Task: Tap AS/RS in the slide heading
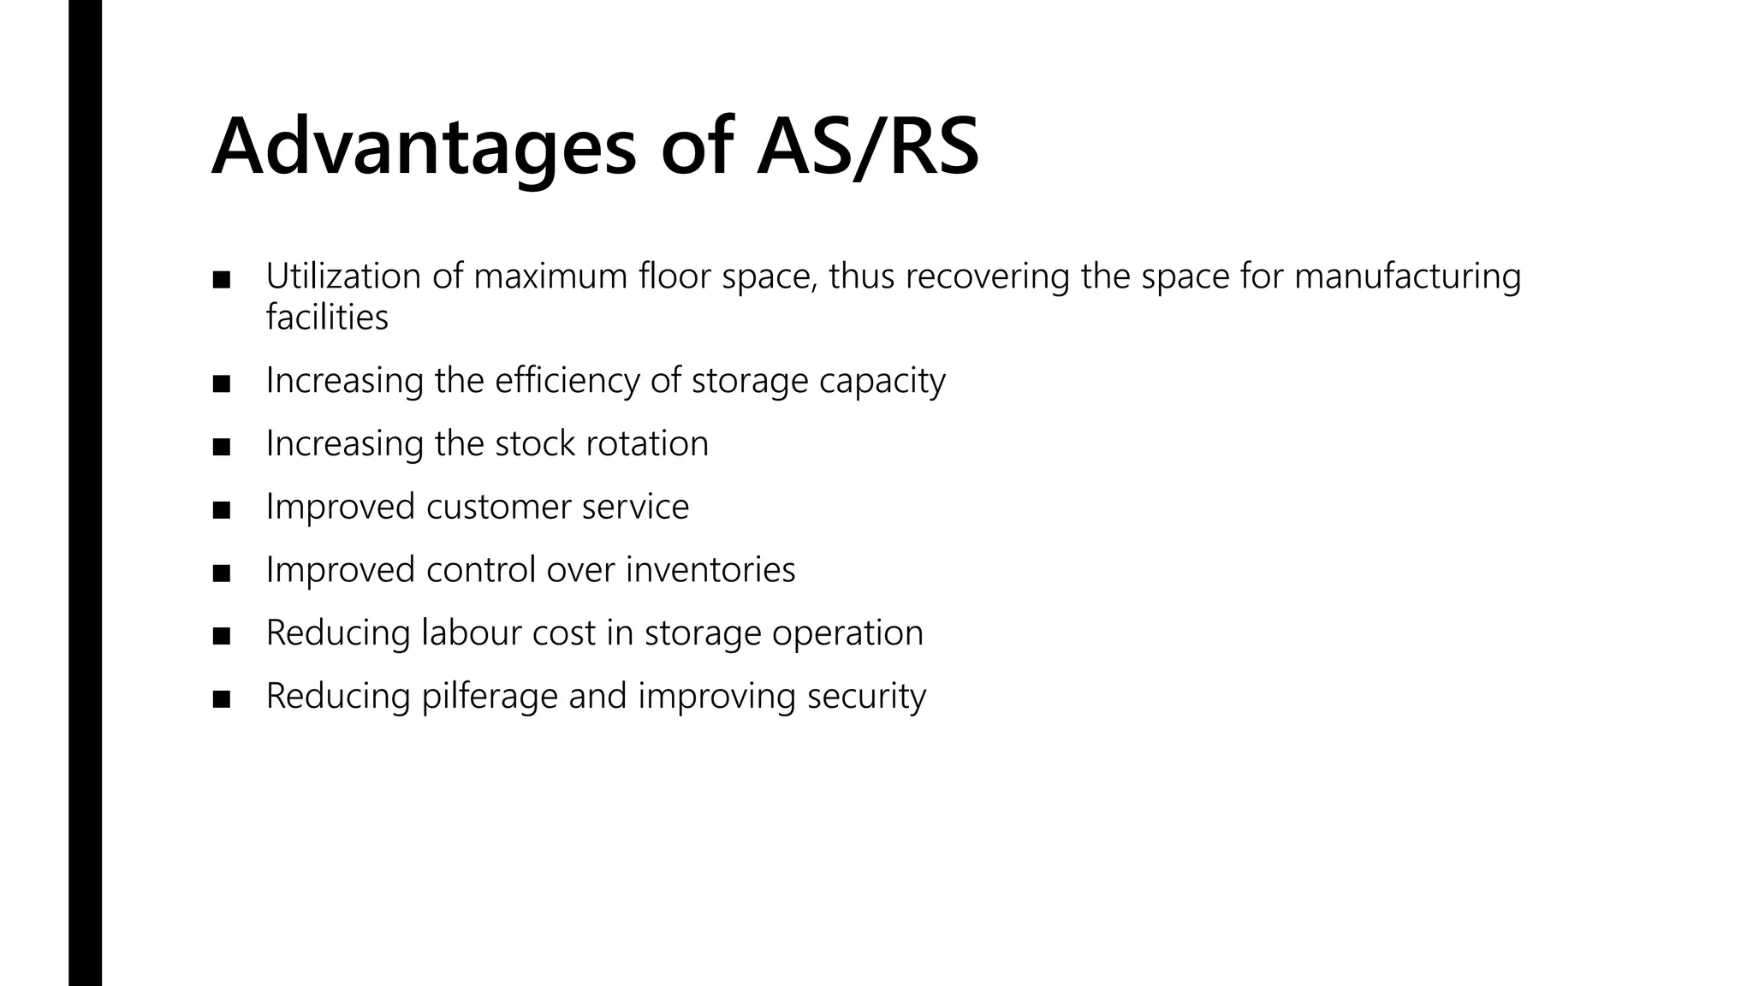pyautogui.click(x=867, y=147)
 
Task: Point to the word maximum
pyautogui.click(x=550, y=276)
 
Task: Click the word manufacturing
pyautogui.click(x=1407, y=276)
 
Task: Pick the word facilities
pyautogui.click(x=327, y=318)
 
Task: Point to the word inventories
pyautogui.click(x=710, y=570)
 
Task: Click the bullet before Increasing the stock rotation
pyautogui.click(x=222, y=447)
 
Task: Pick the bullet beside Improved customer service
pyautogui.click(x=222, y=510)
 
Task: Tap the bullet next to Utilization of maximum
pyautogui.click(x=222, y=280)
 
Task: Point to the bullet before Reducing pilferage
pyautogui.click(x=222, y=699)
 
